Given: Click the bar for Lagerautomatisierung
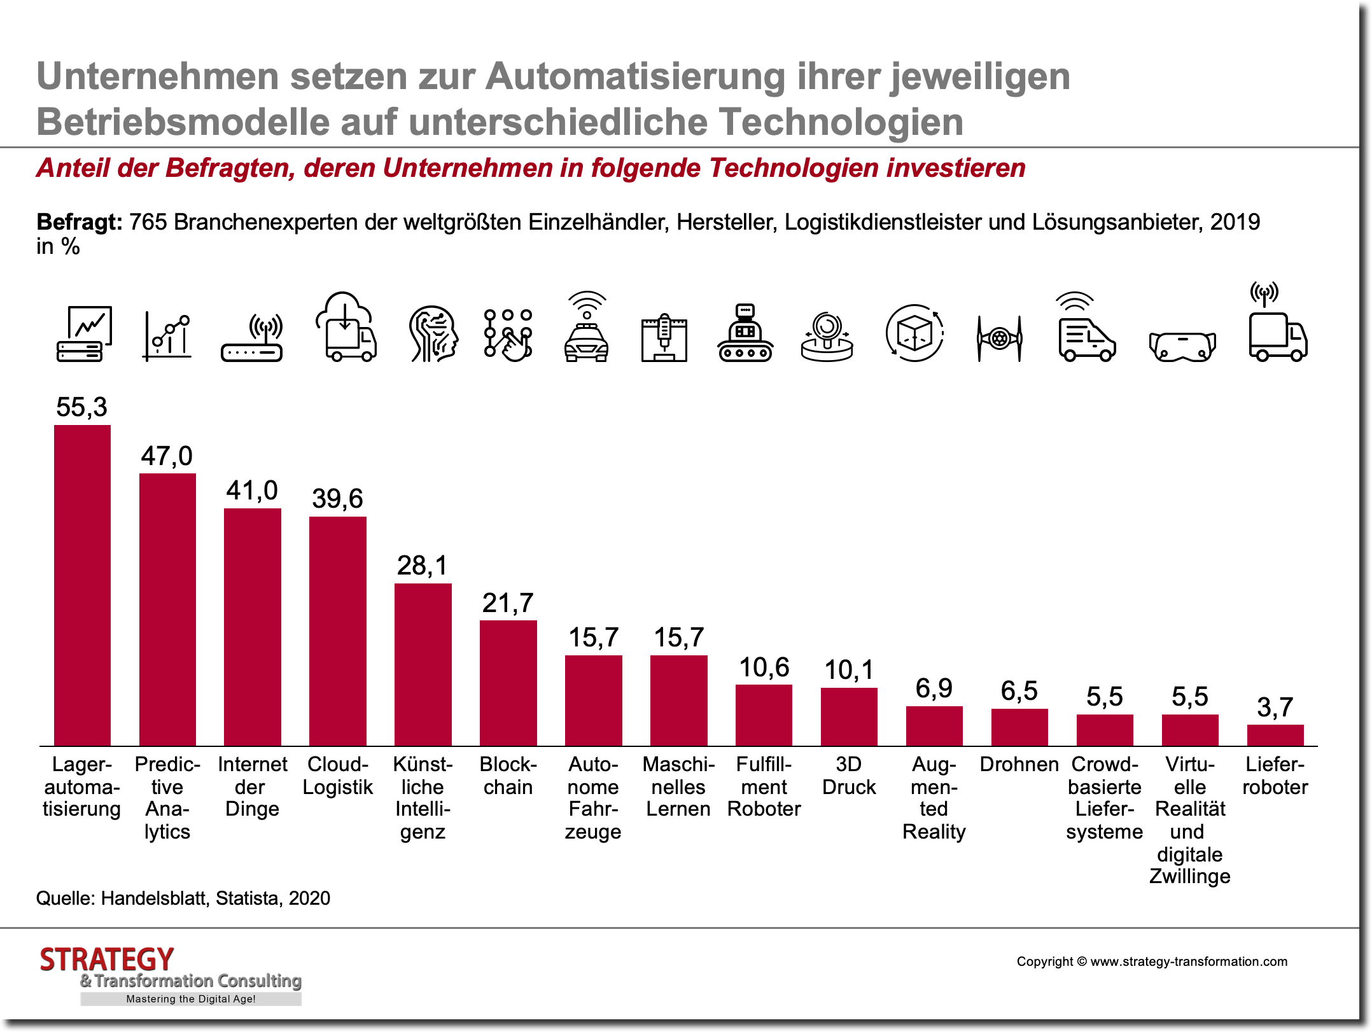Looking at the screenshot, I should [82, 585].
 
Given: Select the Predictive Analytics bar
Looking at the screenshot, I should [167, 610].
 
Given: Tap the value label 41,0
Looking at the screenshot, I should [252, 491].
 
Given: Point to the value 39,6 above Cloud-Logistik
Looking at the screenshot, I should [337, 499].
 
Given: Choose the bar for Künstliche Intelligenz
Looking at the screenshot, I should [423, 664].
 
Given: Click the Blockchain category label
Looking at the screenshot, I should [508, 776].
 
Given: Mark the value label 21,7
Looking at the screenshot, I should [508, 603].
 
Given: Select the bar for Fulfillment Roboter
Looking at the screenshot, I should [764, 715].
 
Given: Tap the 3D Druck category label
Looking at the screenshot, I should [849, 776].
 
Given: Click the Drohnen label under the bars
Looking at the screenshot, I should [1019, 764].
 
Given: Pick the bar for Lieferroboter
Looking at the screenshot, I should [1275, 735].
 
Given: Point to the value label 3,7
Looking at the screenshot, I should [1275, 708].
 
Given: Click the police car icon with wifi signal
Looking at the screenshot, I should [586, 327].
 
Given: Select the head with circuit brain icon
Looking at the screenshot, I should [433, 333].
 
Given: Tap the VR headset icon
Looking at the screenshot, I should [1182, 346].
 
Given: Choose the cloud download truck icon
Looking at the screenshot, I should [346, 327].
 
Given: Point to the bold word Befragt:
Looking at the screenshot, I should [79, 222].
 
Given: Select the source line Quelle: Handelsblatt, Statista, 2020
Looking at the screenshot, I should [183, 898].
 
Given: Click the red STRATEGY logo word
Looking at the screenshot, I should [107, 959].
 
